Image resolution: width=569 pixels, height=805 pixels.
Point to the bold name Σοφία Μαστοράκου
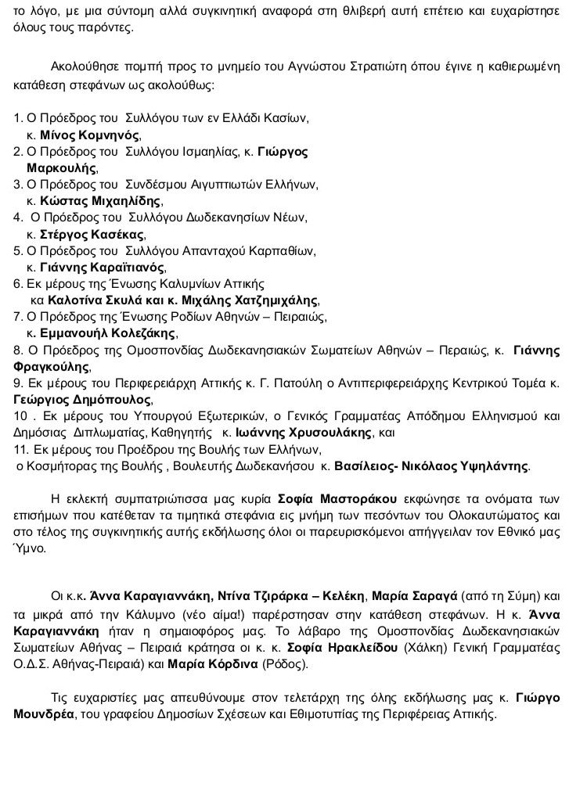point(338,498)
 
